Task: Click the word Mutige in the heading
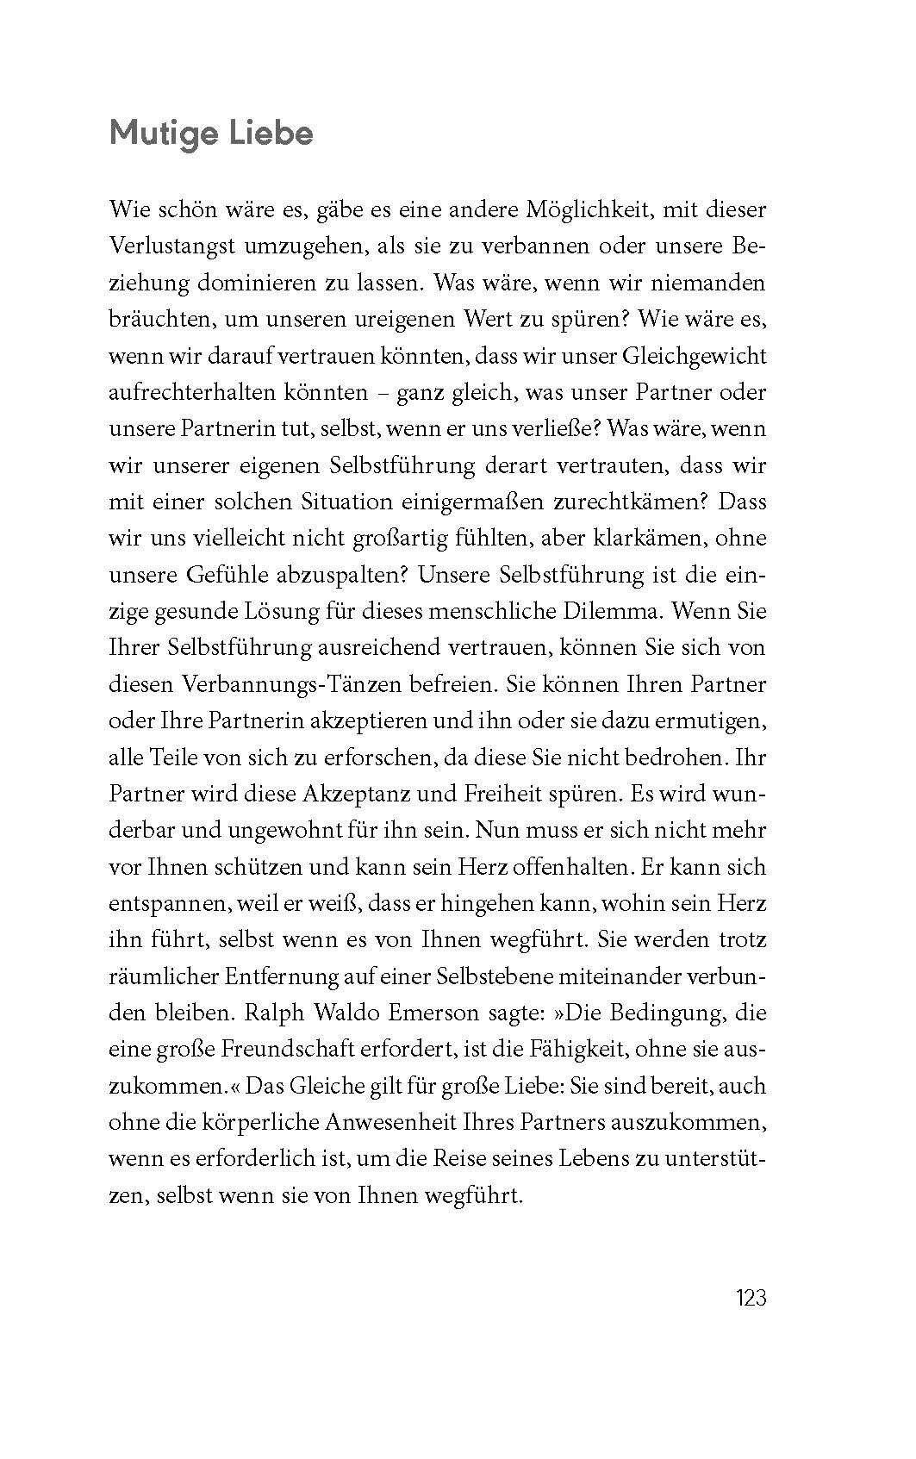pos(159,135)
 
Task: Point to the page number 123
pos(751,1297)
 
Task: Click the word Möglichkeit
pos(561,209)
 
